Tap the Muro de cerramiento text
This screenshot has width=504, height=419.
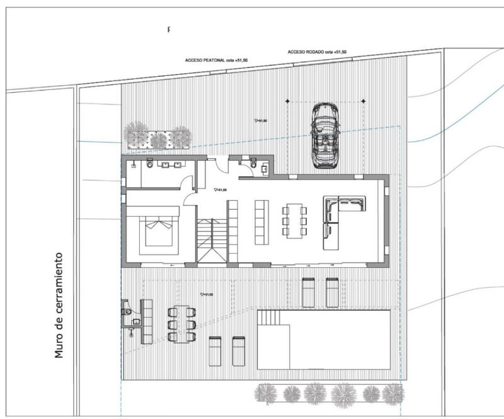(x=59, y=306)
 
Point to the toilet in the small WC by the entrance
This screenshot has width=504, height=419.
(x=253, y=164)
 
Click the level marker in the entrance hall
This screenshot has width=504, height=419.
(x=220, y=189)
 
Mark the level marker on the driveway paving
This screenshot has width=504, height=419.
(x=260, y=120)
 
